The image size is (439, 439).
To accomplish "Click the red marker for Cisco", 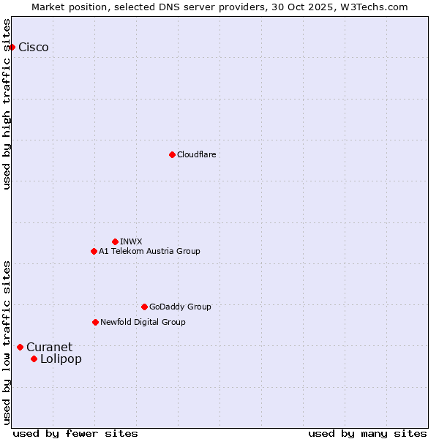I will (12, 48).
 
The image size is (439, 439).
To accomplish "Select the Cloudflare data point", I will (172, 154).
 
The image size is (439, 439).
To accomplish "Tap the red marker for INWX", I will (115, 241).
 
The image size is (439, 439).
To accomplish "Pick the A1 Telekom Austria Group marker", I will (94, 251).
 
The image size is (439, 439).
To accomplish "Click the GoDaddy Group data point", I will (144, 307).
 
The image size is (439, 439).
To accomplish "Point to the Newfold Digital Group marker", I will (95, 322).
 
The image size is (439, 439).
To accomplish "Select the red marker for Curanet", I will (20, 347).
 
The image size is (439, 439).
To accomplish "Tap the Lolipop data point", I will (34, 359).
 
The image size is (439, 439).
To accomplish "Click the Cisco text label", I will (34, 48).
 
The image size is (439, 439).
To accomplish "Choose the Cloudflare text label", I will (196, 154).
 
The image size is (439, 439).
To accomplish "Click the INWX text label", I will (131, 241).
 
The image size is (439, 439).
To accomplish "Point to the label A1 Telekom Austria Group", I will (149, 251).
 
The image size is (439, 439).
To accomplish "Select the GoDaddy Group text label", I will (180, 307).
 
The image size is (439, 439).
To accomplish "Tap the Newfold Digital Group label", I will (143, 322).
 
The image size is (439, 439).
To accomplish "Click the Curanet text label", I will (50, 347).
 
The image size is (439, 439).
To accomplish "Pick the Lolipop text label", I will (61, 359).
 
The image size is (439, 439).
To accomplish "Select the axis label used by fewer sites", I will (75, 433).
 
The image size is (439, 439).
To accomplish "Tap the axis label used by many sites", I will (367, 433).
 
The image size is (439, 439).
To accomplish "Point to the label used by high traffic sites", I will (7, 104).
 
